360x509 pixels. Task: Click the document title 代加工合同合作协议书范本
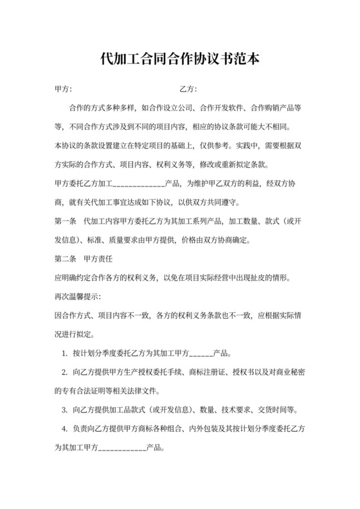tap(180, 59)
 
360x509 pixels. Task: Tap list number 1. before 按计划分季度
tap(65, 353)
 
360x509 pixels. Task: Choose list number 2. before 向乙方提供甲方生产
tap(65, 371)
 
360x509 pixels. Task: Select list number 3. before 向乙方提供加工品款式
tap(65, 409)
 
